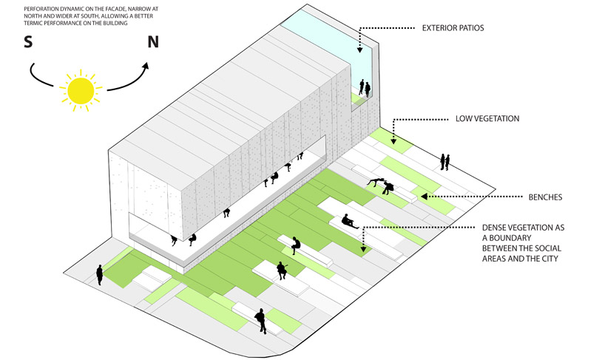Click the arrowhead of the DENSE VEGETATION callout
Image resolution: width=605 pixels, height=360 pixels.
[363, 248]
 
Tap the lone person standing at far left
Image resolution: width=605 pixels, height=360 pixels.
[99, 274]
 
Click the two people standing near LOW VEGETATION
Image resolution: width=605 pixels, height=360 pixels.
[445, 161]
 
